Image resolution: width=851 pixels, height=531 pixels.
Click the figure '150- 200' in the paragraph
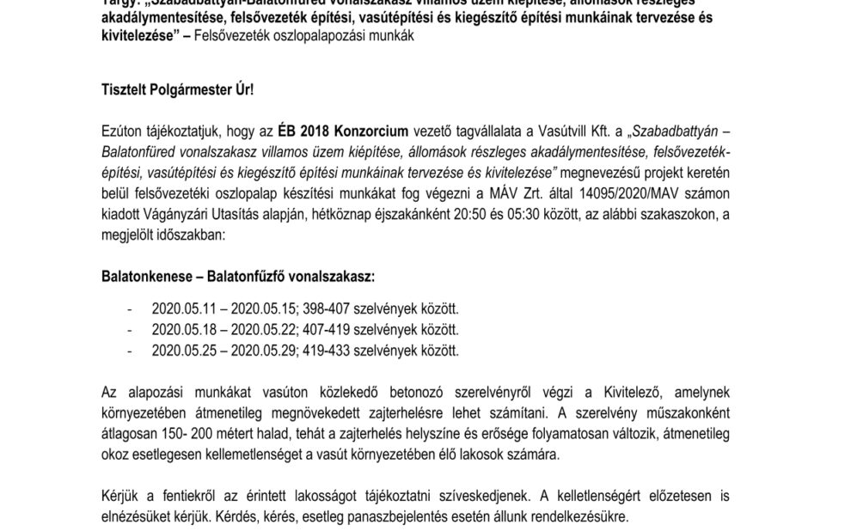tap(203, 435)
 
